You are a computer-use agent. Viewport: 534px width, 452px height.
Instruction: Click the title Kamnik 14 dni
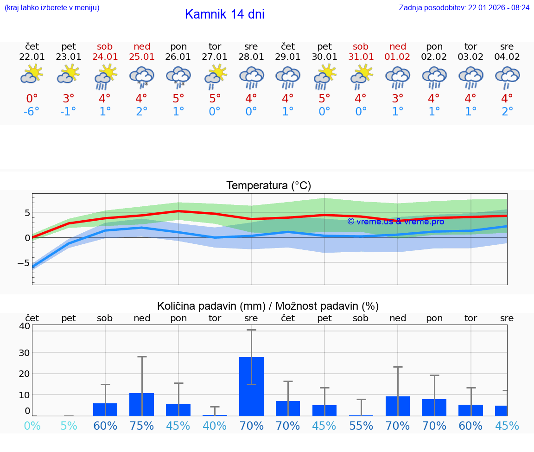coord(224,14)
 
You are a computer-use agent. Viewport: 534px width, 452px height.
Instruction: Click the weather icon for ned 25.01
coord(141,76)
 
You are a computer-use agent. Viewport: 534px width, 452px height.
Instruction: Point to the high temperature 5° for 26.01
coord(178,98)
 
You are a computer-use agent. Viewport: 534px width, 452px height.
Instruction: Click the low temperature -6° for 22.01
coord(32,112)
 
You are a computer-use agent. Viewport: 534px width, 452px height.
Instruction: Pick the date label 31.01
coord(361,57)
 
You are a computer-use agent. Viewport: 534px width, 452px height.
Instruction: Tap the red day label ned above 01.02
coord(398,46)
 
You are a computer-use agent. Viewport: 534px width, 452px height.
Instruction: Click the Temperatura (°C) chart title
coord(268,186)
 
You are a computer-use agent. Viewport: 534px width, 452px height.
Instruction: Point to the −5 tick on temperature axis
coord(24,263)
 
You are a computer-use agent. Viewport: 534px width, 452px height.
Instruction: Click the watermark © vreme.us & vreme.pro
coord(395,222)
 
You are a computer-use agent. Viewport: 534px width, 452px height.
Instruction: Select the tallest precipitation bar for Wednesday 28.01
coord(251,386)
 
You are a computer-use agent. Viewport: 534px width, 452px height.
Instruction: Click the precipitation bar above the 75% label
coord(141,404)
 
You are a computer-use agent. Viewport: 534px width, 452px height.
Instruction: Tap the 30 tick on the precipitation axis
coord(24,352)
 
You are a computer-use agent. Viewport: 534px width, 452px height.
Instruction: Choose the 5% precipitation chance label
coord(69,426)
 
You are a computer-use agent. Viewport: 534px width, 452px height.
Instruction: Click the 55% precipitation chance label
coord(361,426)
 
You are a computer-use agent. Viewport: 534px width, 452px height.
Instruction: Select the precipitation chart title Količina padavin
coord(268,306)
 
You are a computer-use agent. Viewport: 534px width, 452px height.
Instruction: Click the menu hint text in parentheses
coord(52,7)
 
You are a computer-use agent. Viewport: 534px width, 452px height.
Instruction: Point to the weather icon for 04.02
coord(507,76)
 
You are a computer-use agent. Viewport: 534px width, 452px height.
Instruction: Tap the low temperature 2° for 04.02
coord(507,112)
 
